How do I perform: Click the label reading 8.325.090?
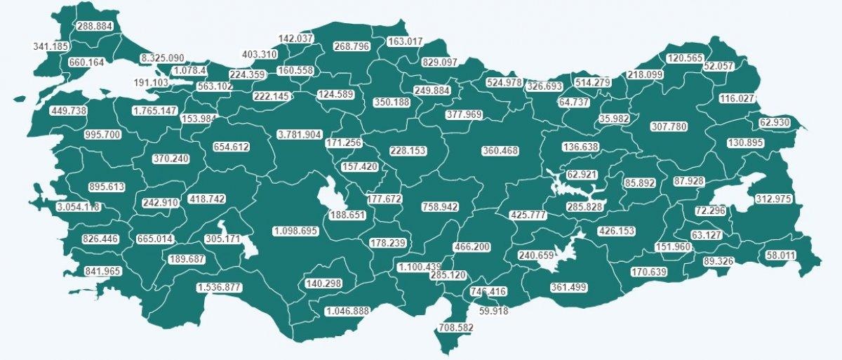pos(162,58)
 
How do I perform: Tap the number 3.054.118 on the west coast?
pos(78,207)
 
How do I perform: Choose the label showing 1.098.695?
pos(295,231)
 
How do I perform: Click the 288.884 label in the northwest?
pos(95,26)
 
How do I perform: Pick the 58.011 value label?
pos(781,255)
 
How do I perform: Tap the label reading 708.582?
pos(456,328)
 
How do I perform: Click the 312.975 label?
pos(773,199)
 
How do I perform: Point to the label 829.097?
pos(439,62)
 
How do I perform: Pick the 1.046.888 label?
pos(347,311)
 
